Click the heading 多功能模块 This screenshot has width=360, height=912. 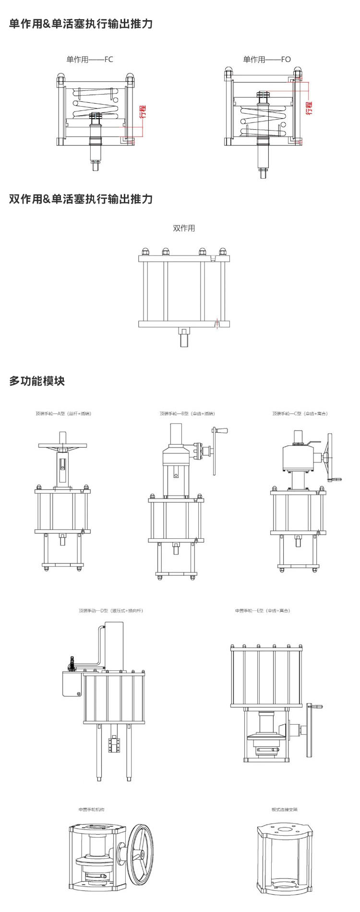click(37, 381)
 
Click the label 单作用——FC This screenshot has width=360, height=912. click(89, 60)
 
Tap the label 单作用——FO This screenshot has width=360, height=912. click(267, 60)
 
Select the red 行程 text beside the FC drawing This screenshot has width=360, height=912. click(143, 111)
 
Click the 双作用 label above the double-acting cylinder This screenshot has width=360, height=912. click(184, 228)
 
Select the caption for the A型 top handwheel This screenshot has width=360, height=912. click(63, 413)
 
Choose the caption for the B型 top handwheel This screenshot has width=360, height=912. click(187, 413)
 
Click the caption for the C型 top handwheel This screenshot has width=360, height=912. click(300, 413)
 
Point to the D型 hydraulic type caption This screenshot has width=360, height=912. click(111, 611)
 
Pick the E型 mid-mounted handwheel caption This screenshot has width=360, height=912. click(263, 611)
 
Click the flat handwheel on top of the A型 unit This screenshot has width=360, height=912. click(62, 447)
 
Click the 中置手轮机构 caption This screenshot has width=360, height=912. click(91, 810)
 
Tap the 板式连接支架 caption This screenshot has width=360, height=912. click(285, 810)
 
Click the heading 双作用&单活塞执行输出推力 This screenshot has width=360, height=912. click(81, 199)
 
